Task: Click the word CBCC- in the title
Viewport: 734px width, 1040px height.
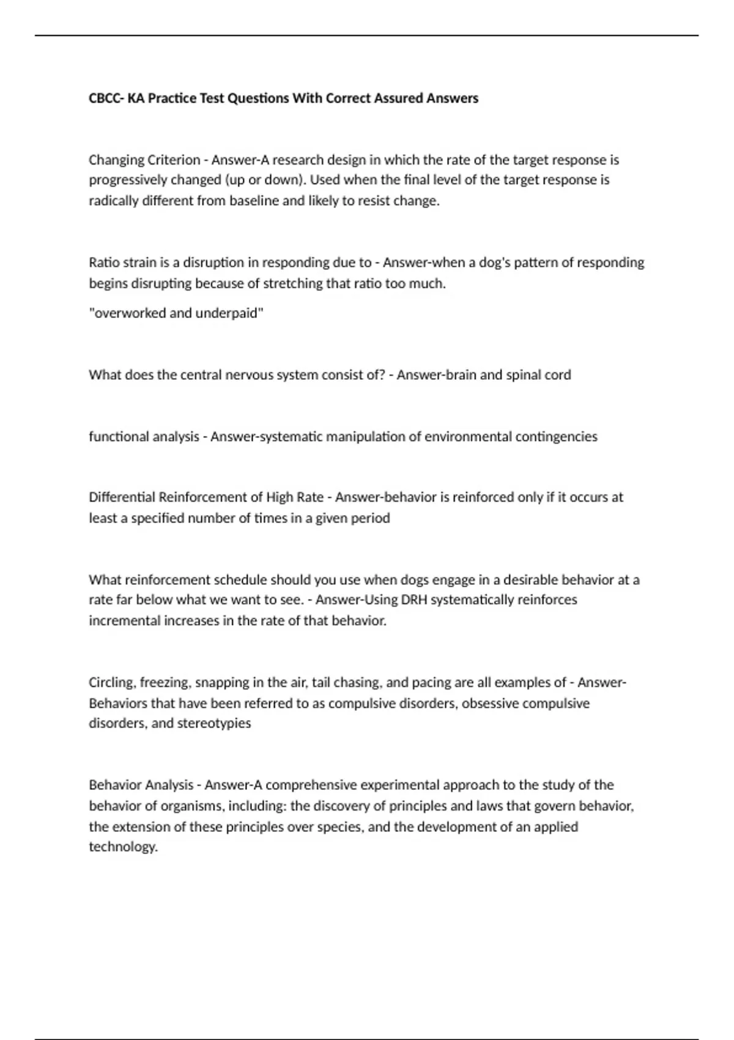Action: [106, 98]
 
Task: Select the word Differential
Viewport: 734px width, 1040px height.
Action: [122, 497]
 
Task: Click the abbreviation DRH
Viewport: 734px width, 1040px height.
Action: [414, 600]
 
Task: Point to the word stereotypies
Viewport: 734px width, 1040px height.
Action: [213, 723]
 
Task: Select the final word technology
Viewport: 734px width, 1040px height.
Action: [123, 847]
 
